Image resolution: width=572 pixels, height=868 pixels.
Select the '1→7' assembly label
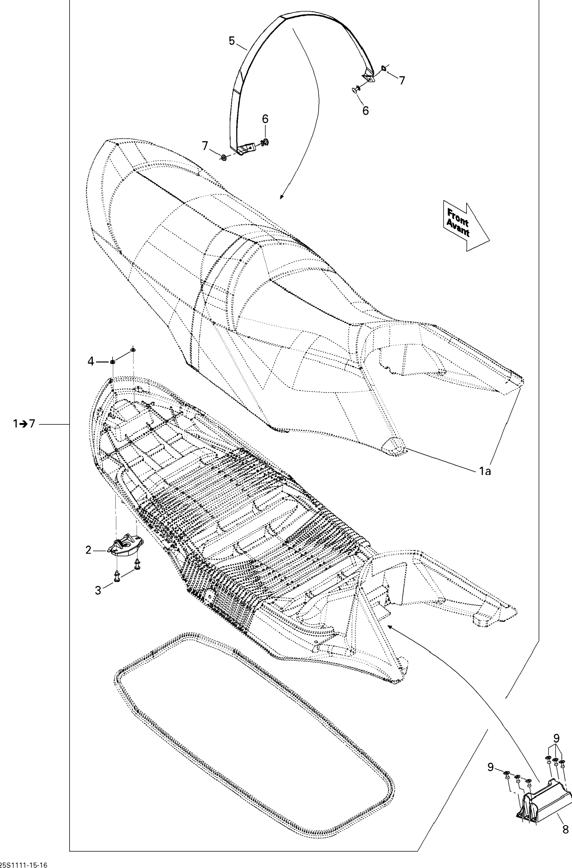coord(24,424)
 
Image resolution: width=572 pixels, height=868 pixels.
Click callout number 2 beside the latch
coord(88,550)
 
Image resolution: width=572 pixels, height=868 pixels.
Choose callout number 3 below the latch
coord(98,590)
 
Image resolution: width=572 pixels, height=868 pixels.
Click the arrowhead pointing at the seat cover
coord(281,196)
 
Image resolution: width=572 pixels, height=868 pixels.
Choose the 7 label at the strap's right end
coord(402,81)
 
